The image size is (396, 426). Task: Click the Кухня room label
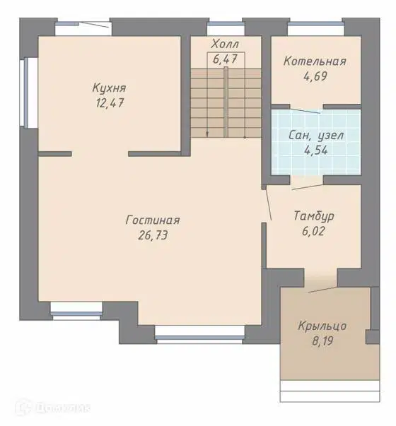click(x=109, y=88)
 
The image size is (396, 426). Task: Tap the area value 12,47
click(x=110, y=103)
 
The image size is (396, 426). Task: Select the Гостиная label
click(x=153, y=220)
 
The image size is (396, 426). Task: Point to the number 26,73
click(x=153, y=235)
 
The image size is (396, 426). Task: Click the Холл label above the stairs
click(x=226, y=44)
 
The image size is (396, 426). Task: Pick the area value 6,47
click(x=225, y=59)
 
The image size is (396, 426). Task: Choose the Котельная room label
click(x=315, y=61)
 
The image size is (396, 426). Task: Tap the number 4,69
click(x=315, y=76)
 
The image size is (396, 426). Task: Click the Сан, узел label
click(x=316, y=136)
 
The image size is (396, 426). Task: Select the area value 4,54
click(x=316, y=150)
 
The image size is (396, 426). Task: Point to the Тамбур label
click(x=314, y=216)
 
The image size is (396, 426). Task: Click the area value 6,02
click(x=313, y=231)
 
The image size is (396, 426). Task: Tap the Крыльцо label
click(x=322, y=326)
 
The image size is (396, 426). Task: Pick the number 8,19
click(x=322, y=341)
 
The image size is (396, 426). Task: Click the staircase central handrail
click(x=226, y=102)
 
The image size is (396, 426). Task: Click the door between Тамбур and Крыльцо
click(x=323, y=290)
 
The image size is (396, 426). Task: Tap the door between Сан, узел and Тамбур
click(x=308, y=187)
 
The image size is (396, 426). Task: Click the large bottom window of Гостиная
click(x=200, y=335)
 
